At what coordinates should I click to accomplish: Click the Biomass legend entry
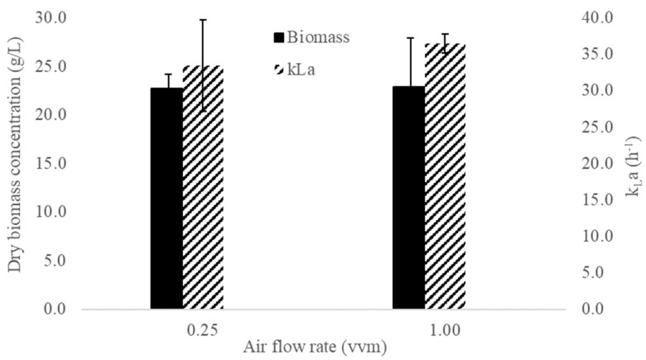coord(312,37)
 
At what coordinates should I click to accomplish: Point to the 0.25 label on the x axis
coord(203,329)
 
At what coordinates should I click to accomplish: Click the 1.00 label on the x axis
coord(445,329)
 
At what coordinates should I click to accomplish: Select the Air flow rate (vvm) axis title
coord(323,348)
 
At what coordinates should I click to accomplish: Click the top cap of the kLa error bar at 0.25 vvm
coord(203,19)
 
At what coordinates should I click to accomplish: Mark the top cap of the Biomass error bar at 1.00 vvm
coord(408,37)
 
